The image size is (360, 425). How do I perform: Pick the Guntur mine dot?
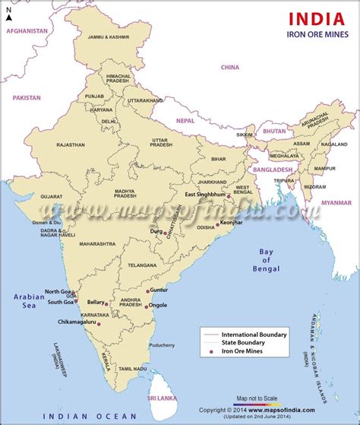147,290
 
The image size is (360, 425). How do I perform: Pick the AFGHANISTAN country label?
27,31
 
